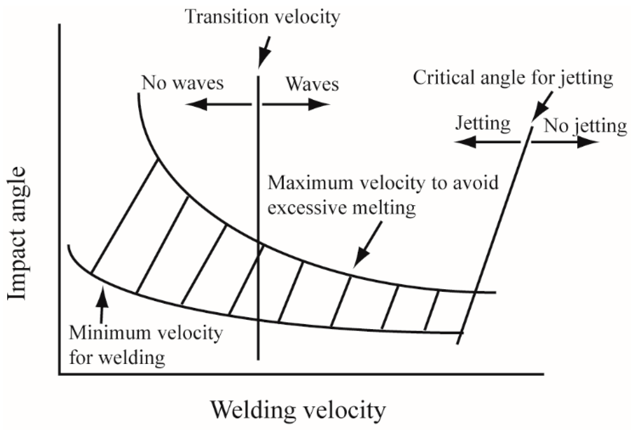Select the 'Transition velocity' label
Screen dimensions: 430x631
pos(263,17)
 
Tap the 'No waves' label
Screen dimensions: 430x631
pos(182,83)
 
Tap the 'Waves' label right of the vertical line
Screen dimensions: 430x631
pos(312,84)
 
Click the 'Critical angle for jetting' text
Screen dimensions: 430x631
pos(513,78)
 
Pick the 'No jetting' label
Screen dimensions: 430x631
pos(585,126)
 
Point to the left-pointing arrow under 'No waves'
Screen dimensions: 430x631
pos(218,104)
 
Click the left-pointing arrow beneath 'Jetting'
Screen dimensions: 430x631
pos(487,143)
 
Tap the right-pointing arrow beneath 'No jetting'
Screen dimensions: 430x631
pos(565,143)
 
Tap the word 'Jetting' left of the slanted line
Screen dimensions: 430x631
pos(483,123)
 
